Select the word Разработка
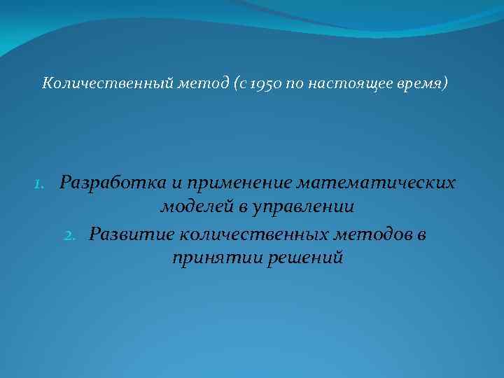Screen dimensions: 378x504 pos(113,183)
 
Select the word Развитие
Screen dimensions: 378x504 pos(125,234)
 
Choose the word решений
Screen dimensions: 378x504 pos(305,258)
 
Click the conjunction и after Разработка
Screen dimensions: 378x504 pos(176,183)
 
